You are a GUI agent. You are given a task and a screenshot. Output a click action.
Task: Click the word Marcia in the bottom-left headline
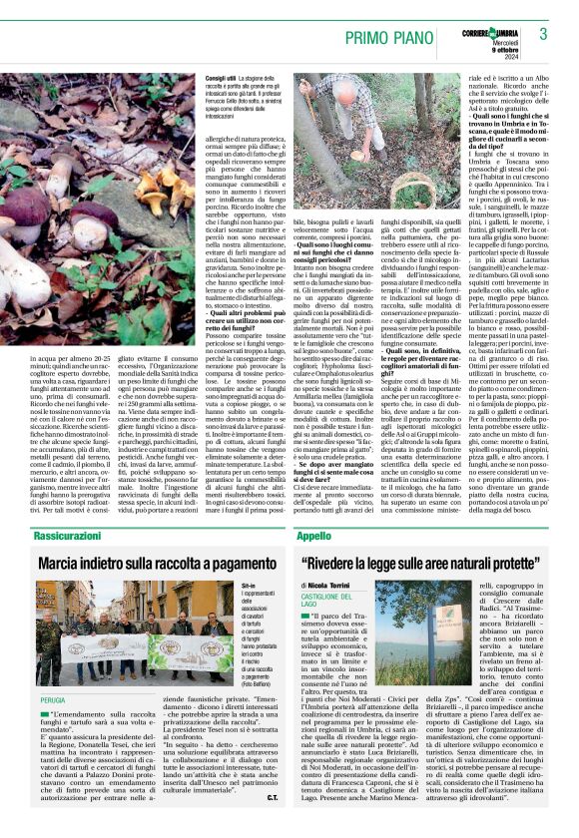66,564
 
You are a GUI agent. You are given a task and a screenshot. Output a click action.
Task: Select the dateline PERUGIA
53,700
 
